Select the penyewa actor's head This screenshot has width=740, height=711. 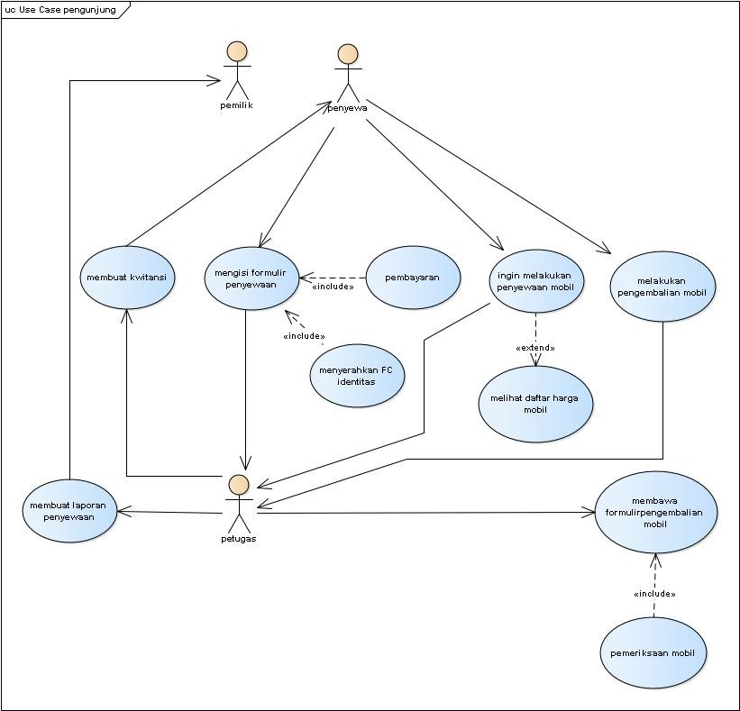coord(347,53)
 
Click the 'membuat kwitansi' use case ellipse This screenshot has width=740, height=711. coord(127,278)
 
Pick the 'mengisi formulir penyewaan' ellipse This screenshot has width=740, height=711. coord(251,278)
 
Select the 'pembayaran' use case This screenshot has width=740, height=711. coord(413,278)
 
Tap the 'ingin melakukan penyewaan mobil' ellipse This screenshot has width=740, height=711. coord(537,280)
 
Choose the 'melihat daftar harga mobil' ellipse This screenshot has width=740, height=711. coord(535,404)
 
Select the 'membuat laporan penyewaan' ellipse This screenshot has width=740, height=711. coord(68,511)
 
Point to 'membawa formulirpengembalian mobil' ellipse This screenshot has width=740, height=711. coord(655,512)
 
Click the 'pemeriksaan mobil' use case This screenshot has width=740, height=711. coord(653,652)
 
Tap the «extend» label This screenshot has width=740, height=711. coord(534,348)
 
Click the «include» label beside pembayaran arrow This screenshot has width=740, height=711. coord(332,287)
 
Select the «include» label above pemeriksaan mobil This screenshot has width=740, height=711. coord(653,594)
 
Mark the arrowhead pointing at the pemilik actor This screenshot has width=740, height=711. coord(215,81)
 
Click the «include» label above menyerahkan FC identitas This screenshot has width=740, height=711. coord(304,336)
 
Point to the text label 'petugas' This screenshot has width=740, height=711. coord(239,539)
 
